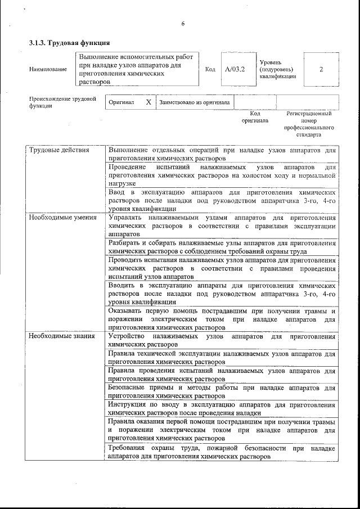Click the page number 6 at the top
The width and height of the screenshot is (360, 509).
pyautogui.click(x=183, y=24)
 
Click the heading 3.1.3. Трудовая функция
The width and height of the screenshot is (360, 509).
pyautogui.click(x=69, y=43)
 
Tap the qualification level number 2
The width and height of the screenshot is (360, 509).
pyautogui.click(x=321, y=70)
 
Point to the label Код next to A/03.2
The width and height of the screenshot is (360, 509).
pyautogui.click(x=210, y=70)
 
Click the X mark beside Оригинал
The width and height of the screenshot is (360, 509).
pyautogui.click(x=148, y=103)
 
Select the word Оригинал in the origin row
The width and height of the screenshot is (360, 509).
pyautogui.click(x=121, y=103)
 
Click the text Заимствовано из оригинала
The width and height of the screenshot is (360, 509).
pyautogui.click(x=194, y=103)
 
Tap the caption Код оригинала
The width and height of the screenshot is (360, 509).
pyautogui.click(x=255, y=117)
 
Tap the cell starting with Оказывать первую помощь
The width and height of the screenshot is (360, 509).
pyautogui.click(x=222, y=319)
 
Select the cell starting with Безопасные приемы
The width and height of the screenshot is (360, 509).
pyautogui.click(x=222, y=391)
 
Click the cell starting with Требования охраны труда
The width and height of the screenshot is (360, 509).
pyautogui.click(x=222, y=452)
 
